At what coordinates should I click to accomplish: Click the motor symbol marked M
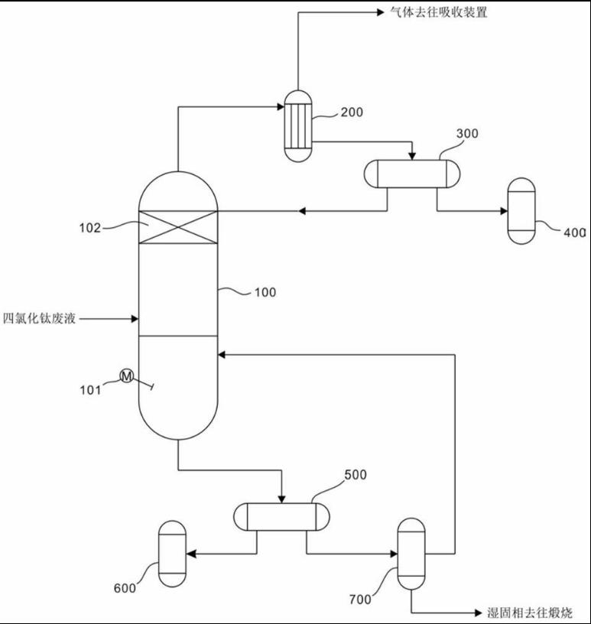127,375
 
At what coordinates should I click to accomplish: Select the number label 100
265,292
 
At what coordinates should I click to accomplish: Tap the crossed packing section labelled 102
177,226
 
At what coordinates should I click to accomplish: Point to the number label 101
90,390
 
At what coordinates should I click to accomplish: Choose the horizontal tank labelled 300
411,173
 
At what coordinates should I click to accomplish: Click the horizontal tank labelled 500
281,516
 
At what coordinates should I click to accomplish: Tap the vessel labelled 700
411,554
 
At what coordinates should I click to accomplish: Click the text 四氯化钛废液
40,319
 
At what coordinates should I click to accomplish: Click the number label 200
352,112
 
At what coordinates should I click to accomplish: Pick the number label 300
467,134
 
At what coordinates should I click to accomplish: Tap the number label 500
356,475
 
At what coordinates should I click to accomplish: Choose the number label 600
125,588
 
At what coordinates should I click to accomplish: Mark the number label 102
89,227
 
